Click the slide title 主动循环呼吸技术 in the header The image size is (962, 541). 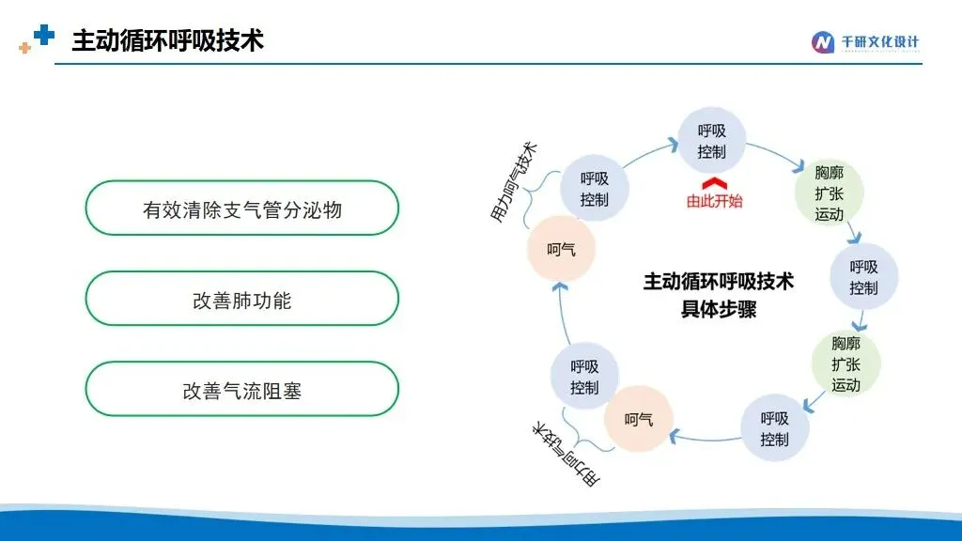tap(167, 40)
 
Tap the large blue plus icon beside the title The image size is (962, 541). tap(44, 35)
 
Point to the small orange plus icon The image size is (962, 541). tap(24, 48)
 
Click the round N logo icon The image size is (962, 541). tap(822, 42)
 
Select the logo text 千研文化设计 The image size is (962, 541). tap(879, 41)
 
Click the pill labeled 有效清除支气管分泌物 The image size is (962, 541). tap(242, 208)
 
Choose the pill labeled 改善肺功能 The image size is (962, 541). tap(242, 299)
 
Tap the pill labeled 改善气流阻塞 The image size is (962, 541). tap(242, 389)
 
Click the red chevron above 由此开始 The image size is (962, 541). tap(714, 183)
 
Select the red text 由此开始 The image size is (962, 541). tap(714, 201)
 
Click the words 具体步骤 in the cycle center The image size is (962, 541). tap(719, 309)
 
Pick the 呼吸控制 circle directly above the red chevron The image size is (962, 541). tap(712, 141)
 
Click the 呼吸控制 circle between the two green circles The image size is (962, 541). tap(864, 277)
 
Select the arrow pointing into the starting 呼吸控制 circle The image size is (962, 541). tap(650, 152)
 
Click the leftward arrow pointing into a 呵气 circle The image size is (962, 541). tap(706, 438)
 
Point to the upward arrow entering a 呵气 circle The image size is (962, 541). tap(564, 313)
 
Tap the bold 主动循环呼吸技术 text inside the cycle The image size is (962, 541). tap(719, 282)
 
